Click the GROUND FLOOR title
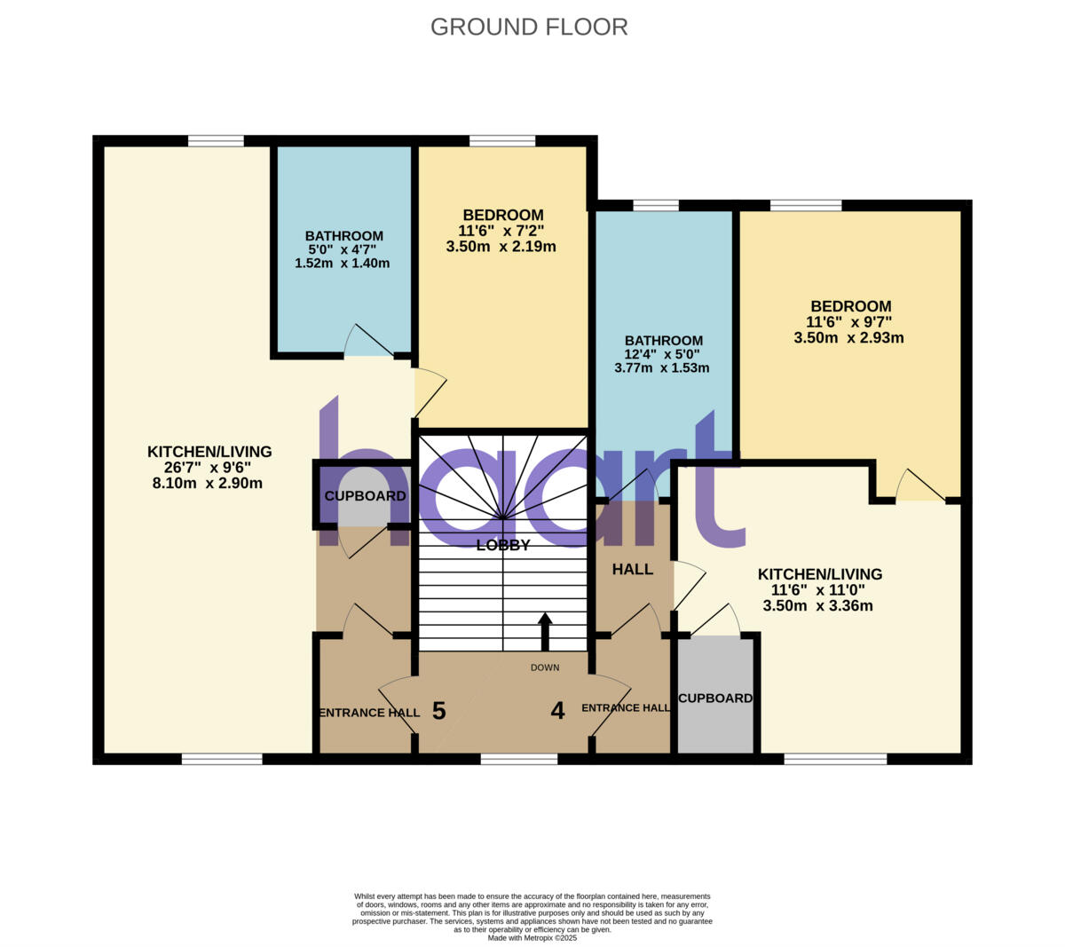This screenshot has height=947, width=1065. point(529,27)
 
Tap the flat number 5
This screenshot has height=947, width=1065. point(438,711)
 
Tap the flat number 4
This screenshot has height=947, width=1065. point(557,711)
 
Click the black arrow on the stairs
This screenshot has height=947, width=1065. point(545,631)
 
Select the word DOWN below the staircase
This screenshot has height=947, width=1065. point(545,667)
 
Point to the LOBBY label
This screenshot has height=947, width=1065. point(503,545)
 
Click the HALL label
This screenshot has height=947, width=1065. point(632,570)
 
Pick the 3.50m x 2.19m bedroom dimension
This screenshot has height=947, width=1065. point(501,247)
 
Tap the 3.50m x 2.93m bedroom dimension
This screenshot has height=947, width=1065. point(848,338)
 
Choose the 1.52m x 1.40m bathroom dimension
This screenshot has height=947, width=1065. point(343,264)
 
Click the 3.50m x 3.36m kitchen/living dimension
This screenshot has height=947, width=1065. point(817,606)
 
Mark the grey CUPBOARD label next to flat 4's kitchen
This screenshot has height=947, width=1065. point(715,698)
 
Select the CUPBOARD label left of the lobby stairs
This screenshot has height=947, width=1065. point(365,496)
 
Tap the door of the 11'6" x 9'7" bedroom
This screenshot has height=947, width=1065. point(919,486)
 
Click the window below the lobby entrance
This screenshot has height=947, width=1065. point(519,759)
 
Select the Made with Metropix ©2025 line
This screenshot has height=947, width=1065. point(532,937)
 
